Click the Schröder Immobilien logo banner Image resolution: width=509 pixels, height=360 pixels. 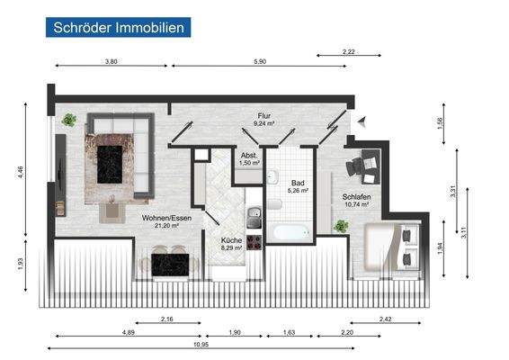pos(117,27)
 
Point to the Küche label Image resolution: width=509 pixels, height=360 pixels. pos(232,241)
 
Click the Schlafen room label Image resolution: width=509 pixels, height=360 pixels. pos(357,196)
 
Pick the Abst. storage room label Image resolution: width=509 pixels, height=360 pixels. pos(249,155)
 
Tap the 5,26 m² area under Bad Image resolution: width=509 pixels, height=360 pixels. pos(297,191)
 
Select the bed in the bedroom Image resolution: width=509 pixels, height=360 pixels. pos(390,246)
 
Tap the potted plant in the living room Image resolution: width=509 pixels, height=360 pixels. pos(69,119)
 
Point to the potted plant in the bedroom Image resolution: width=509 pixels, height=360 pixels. pos(341,227)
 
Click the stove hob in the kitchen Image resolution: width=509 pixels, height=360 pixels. pos(254,241)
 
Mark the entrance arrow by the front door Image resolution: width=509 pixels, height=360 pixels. pos(361,123)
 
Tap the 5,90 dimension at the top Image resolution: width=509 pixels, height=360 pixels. pos(260,61)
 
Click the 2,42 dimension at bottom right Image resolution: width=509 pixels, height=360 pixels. pos(386,319)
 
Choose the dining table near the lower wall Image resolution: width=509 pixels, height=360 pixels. pos(169,264)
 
